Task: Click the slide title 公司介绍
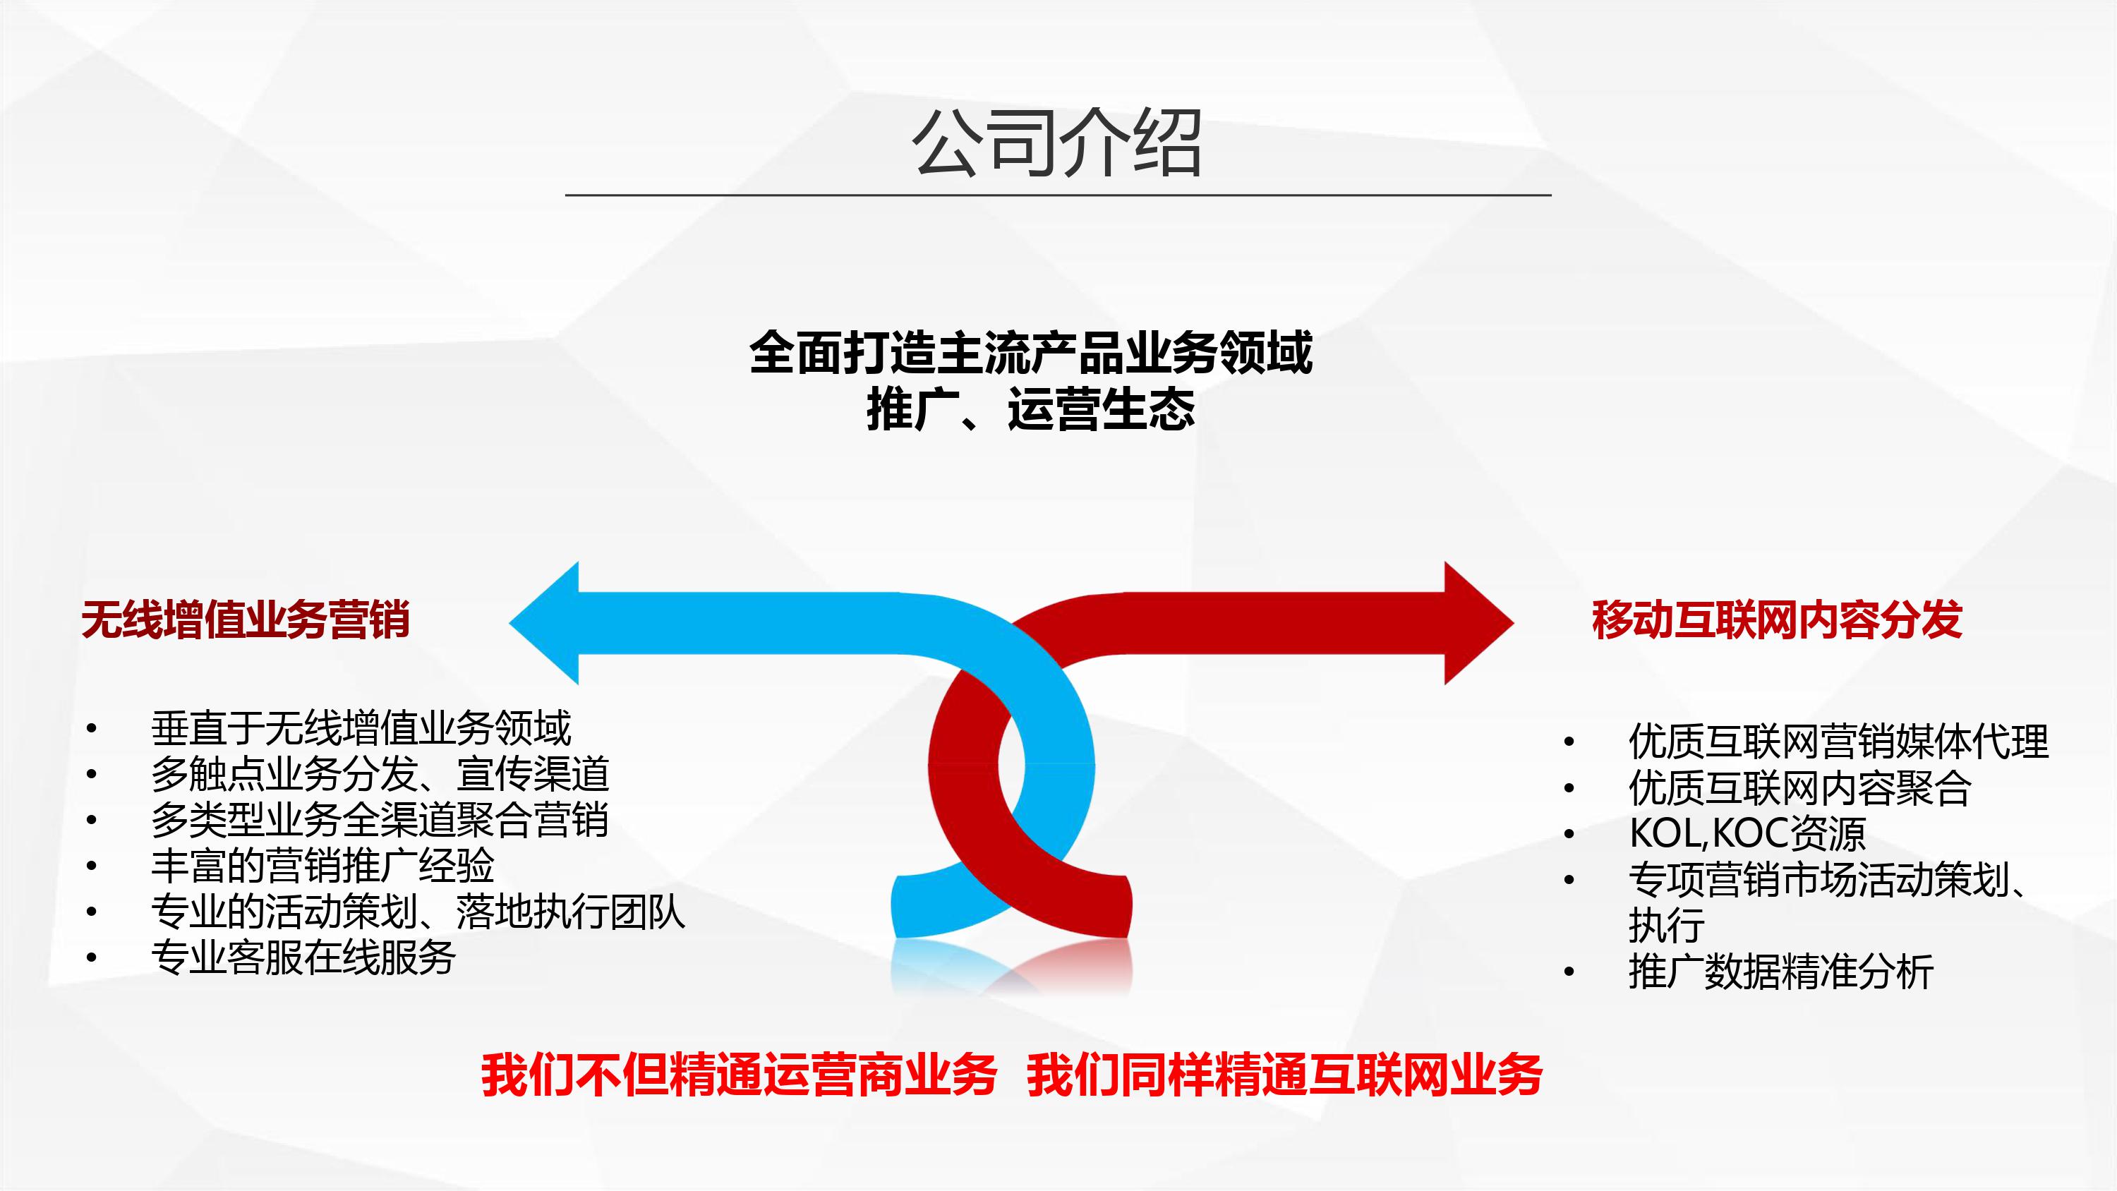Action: click(1058, 143)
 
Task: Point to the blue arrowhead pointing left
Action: click(545, 623)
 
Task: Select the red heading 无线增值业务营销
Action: click(246, 619)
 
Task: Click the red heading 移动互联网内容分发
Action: click(1778, 619)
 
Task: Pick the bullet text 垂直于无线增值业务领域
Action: click(361, 728)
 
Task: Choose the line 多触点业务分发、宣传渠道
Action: click(380, 773)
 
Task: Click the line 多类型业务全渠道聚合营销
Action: click(380, 819)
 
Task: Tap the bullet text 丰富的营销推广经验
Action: click(322, 866)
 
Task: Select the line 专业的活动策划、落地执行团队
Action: click(418, 912)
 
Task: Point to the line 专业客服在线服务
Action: click(303, 957)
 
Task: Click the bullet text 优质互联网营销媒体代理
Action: click(1838, 742)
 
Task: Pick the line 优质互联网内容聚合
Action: click(1799, 787)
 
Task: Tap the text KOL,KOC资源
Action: click(1747, 833)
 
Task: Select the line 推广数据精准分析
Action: click(1781, 972)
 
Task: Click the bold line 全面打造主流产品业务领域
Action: click(1030, 353)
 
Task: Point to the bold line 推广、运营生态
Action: click(1030, 409)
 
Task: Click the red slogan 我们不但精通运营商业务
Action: click(739, 1075)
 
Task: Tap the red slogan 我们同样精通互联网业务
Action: click(1284, 1075)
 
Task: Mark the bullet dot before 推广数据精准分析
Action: click(1569, 972)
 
